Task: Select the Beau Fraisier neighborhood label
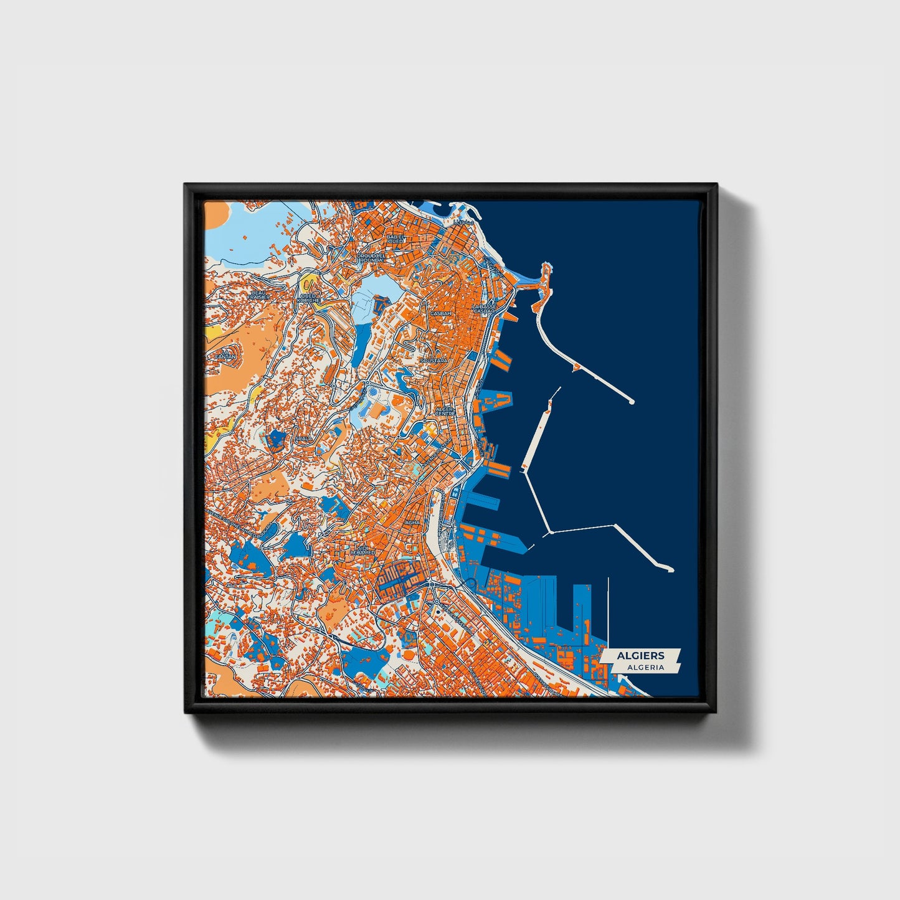[x=258, y=294]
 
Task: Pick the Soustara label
[x=434, y=361]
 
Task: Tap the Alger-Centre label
[x=445, y=411]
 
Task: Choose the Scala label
[x=304, y=439]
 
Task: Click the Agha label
[x=412, y=523]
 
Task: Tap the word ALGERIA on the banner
[x=645, y=667]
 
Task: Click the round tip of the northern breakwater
[x=632, y=402]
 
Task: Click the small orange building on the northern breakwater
[x=577, y=368]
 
